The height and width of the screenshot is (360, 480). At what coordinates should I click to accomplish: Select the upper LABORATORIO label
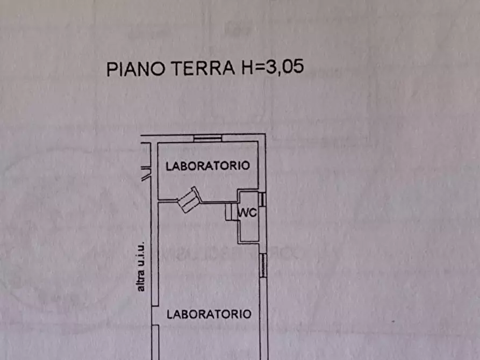207,166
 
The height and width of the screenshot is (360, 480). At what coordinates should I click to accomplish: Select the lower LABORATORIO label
209,314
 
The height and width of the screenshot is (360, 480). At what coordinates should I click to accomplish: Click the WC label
249,213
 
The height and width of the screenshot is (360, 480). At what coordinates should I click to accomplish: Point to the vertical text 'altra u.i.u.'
141,267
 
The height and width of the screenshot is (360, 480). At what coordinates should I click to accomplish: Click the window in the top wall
207,139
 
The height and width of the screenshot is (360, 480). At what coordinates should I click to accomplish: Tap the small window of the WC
262,199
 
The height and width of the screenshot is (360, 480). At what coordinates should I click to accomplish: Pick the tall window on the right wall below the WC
263,266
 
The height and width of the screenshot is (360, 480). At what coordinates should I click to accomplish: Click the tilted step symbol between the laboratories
189,199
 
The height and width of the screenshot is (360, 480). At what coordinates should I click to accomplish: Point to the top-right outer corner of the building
265,135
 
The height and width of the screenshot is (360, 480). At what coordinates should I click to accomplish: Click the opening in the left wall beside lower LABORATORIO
155,315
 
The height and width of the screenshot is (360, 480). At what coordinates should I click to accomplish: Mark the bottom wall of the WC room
250,240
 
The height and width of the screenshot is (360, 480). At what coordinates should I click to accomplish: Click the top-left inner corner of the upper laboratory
156,143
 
